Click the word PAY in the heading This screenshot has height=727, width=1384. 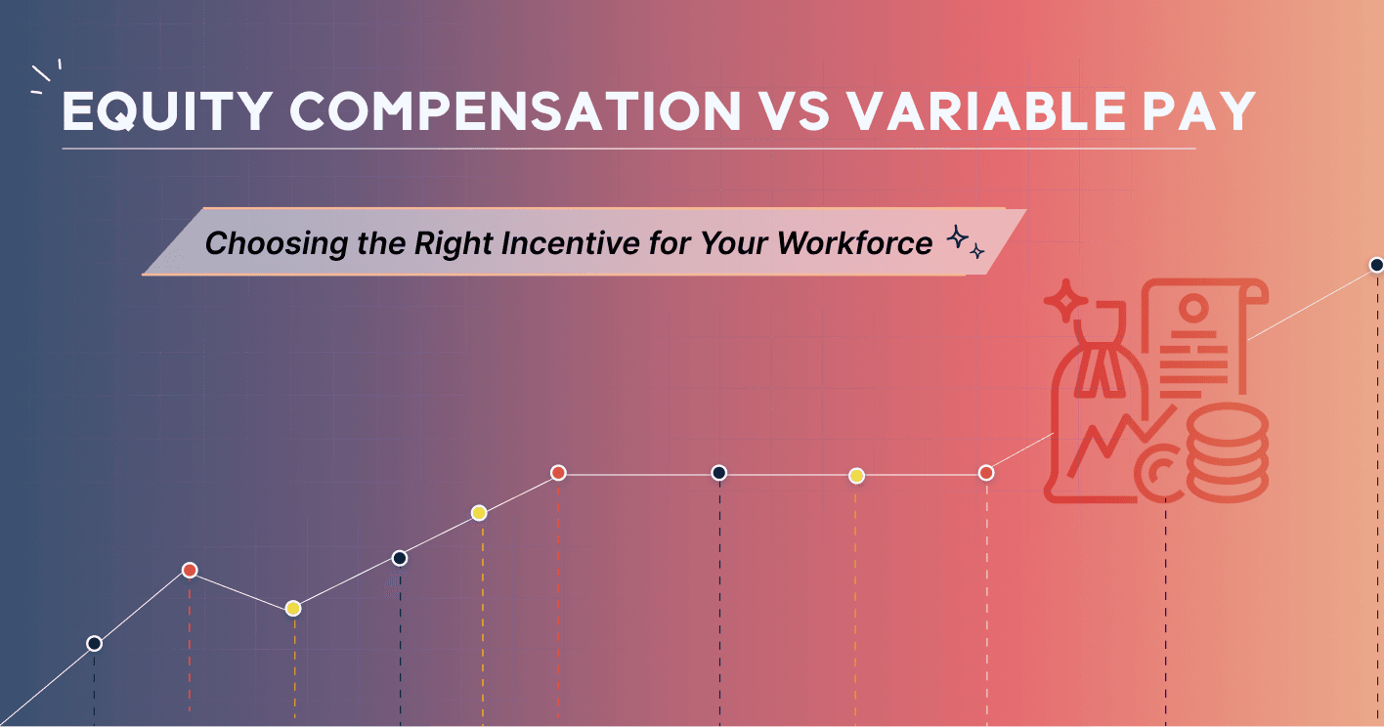[x=1198, y=113]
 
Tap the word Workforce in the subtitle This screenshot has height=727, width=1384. [x=854, y=242]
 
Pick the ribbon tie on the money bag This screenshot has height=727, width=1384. [x=1102, y=375]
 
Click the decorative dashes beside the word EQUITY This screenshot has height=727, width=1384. [x=46, y=77]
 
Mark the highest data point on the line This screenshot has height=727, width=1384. [x=1376, y=265]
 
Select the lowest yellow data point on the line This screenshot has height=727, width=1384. [x=292, y=608]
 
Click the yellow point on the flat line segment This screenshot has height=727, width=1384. [x=856, y=476]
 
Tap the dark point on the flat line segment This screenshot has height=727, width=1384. [x=718, y=473]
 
